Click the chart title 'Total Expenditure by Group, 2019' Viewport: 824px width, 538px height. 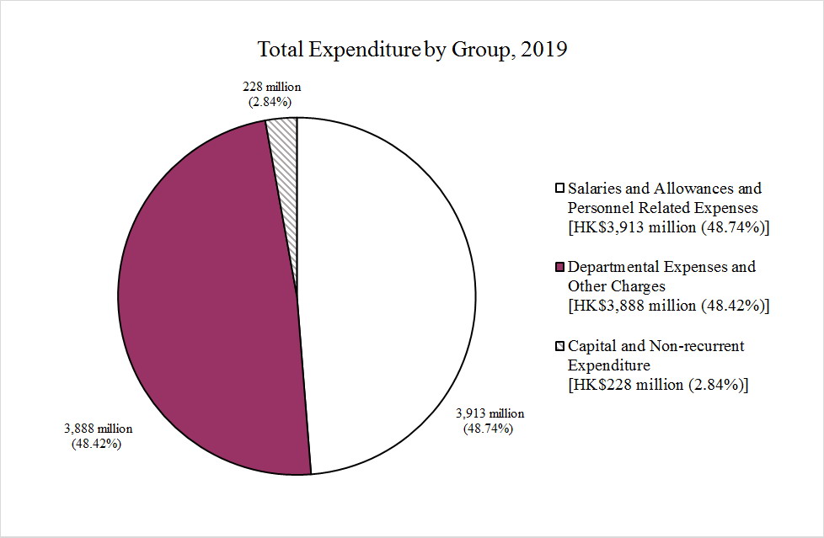(x=412, y=50)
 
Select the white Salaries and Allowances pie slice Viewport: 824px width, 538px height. (x=388, y=295)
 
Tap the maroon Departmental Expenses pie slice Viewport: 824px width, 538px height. (x=211, y=295)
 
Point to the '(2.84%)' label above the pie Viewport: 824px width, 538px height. (x=270, y=102)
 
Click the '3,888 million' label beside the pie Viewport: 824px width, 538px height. (x=98, y=429)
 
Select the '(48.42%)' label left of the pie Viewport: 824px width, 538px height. (x=98, y=444)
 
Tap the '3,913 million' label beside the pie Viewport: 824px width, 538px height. (x=490, y=413)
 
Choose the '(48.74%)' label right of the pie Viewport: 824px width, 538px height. (x=489, y=429)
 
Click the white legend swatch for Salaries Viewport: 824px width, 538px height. (x=559, y=189)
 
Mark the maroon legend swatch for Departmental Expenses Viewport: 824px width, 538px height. (x=559, y=268)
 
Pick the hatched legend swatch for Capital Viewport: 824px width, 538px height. (x=559, y=347)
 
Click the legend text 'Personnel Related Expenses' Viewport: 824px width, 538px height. (x=663, y=207)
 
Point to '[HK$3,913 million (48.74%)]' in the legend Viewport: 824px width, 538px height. (x=670, y=226)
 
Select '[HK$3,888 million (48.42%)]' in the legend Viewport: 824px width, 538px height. (x=670, y=306)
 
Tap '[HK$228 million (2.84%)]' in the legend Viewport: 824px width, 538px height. (x=659, y=385)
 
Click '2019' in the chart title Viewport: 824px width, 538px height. (x=544, y=50)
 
